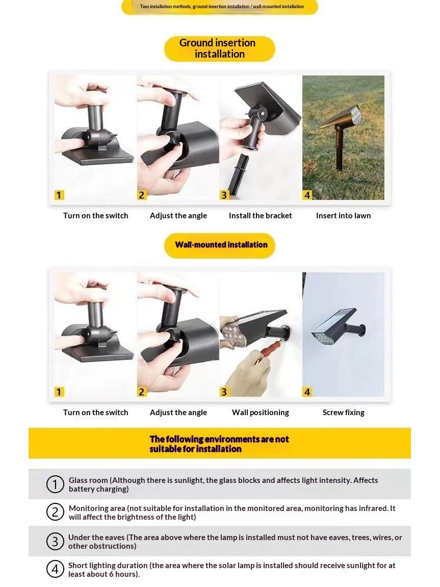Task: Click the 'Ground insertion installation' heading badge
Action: tap(220, 48)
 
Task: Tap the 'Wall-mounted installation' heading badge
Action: tap(220, 245)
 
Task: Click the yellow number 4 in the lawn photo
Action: tap(307, 195)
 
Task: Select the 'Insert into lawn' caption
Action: tap(344, 216)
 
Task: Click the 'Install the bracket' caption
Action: tap(261, 216)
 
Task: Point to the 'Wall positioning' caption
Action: tap(261, 413)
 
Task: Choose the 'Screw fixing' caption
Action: tap(344, 413)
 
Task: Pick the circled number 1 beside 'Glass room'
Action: tap(55, 484)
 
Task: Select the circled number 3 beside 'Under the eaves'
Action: tap(55, 541)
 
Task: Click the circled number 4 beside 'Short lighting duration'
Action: tap(55, 569)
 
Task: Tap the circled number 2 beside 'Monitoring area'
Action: tap(55, 512)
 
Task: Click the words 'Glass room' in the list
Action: tap(88, 480)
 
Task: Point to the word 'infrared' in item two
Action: tap(372, 508)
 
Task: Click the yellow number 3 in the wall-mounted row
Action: tap(224, 392)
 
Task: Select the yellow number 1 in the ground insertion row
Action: tap(59, 195)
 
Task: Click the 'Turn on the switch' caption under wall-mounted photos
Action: tap(96, 413)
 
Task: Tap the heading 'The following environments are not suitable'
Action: tap(219, 444)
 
